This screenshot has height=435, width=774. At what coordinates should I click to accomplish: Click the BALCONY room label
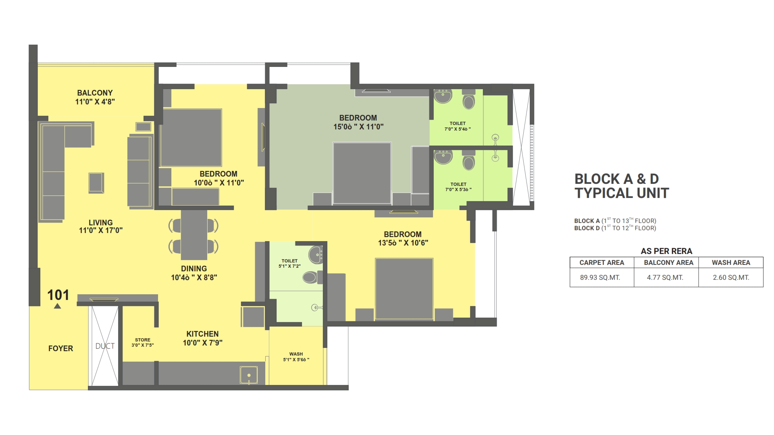[95, 97]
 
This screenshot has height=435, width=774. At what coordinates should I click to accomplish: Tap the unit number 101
[58, 295]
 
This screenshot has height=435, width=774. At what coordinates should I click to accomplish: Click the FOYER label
[60, 348]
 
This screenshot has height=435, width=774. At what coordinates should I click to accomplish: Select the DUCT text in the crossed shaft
[105, 346]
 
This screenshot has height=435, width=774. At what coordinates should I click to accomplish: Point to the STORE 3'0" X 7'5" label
[142, 342]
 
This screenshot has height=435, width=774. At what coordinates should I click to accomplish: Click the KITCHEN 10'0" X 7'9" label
[202, 338]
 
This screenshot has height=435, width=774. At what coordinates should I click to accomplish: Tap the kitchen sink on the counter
[249, 375]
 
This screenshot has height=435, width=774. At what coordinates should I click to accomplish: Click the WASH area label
[296, 357]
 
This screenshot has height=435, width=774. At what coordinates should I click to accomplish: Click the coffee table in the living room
[96, 183]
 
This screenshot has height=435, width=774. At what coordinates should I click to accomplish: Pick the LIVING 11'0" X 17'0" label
[100, 226]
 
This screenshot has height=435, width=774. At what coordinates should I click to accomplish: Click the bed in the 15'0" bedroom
[362, 173]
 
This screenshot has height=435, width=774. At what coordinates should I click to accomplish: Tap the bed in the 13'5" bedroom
[404, 289]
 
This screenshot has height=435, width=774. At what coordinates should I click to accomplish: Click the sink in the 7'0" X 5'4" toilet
[443, 96]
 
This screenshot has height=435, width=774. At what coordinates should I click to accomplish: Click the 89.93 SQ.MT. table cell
[600, 277]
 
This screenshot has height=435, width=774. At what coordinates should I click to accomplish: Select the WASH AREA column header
[730, 262]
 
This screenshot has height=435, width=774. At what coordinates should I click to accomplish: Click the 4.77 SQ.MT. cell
[665, 277]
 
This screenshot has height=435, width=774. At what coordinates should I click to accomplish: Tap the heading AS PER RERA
[666, 251]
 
